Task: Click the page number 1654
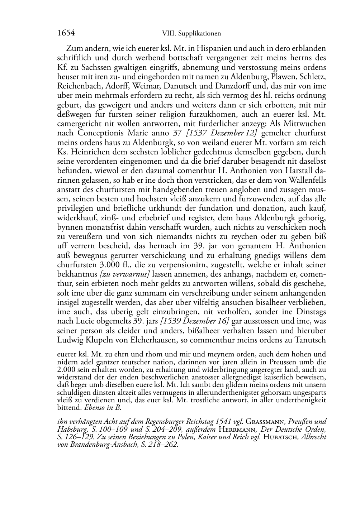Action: (66, 33)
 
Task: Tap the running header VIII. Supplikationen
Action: (191, 34)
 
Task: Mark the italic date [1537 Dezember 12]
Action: (222, 133)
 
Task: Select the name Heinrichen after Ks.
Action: (86, 152)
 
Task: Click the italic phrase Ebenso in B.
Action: (103, 408)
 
